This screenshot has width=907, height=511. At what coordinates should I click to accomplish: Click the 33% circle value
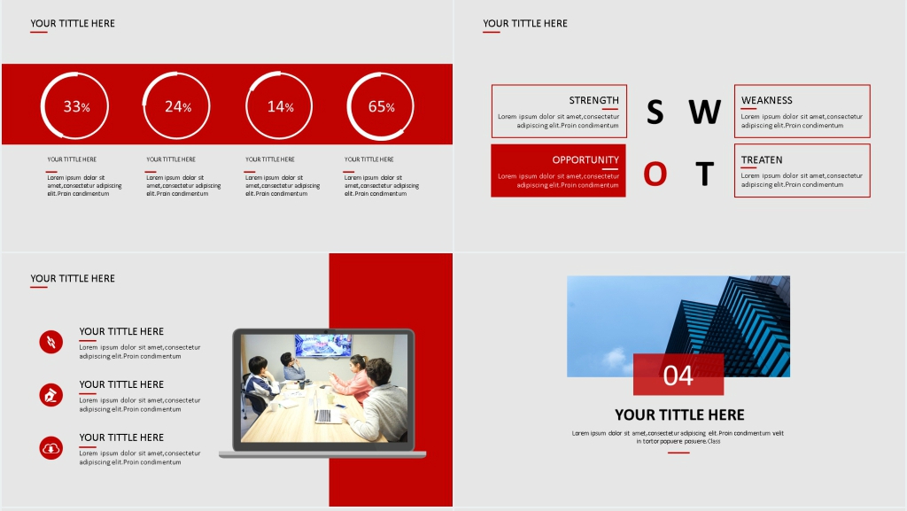pyautogui.click(x=76, y=107)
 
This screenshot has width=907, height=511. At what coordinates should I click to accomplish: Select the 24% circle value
pyautogui.click(x=178, y=107)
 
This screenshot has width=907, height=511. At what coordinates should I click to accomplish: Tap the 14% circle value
pyautogui.click(x=281, y=107)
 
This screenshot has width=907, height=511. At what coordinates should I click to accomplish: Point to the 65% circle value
pyautogui.click(x=382, y=107)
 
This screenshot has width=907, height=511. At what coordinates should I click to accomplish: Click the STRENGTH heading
pyautogui.click(x=593, y=100)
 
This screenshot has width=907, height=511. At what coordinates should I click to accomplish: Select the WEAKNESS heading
pyautogui.click(x=766, y=100)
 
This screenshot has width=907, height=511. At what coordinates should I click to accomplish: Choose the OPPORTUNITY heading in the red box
pyautogui.click(x=585, y=159)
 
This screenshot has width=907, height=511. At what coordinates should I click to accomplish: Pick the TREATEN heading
pyautogui.click(x=761, y=159)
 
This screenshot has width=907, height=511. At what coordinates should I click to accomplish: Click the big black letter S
pyautogui.click(x=655, y=112)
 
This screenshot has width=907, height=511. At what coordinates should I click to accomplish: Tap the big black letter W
pyautogui.click(x=704, y=112)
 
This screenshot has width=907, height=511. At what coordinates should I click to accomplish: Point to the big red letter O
pyautogui.click(x=655, y=174)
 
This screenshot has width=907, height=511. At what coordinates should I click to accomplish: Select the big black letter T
pyautogui.click(x=704, y=174)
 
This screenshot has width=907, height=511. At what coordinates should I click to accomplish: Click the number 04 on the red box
pyautogui.click(x=678, y=376)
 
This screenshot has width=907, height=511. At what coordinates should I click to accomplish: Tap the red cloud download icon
pyautogui.click(x=50, y=448)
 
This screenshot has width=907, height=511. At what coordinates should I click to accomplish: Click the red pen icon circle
pyautogui.click(x=50, y=395)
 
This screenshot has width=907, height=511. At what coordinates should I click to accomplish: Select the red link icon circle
pyautogui.click(x=50, y=342)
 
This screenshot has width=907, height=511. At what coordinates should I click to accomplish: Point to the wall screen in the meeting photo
pyautogui.click(x=322, y=345)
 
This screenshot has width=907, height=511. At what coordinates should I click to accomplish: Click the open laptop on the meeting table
pyautogui.click(x=327, y=412)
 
